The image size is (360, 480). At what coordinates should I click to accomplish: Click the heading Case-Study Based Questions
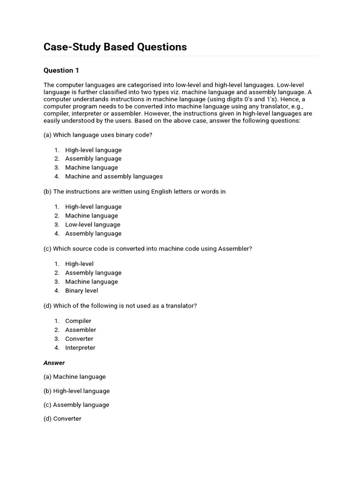click(x=115, y=47)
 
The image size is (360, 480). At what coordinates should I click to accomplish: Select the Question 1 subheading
click(x=61, y=70)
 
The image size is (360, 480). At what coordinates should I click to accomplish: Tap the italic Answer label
click(x=54, y=363)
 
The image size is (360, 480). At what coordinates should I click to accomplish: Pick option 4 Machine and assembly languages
click(x=114, y=176)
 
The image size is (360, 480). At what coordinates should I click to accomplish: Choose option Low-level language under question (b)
click(x=93, y=225)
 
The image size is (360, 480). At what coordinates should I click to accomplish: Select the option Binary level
click(x=82, y=291)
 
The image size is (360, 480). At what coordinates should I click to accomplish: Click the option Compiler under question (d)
click(x=78, y=321)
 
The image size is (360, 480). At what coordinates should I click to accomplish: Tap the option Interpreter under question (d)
click(x=80, y=347)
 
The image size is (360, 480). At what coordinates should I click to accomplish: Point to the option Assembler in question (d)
click(x=81, y=330)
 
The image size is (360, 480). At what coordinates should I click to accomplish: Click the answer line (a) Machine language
click(x=75, y=376)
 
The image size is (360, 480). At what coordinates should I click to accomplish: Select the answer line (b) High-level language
click(x=76, y=391)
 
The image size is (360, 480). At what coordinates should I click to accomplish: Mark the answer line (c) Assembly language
click(x=76, y=405)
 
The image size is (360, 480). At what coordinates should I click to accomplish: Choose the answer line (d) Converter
click(x=62, y=419)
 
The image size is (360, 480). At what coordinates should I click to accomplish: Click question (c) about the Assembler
click(x=148, y=248)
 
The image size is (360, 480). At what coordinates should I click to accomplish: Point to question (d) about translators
click(x=120, y=306)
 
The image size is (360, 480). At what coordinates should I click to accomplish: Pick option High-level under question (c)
click(x=79, y=264)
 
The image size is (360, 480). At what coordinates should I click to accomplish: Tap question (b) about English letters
click(x=135, y=192)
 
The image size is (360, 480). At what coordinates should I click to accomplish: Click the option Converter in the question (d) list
click(x=79, y=338)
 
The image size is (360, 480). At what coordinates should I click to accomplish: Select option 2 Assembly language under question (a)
click(x=93, y=158)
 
